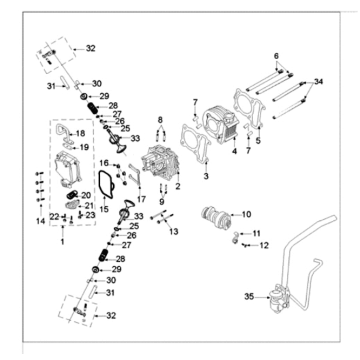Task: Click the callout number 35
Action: pos(249,297)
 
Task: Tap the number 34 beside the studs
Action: pos(319,80)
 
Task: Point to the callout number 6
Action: pos(277,55)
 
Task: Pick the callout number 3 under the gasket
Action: pos(207,175)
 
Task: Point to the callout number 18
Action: pos(80,133)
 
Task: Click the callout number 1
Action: pos(64,242)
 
